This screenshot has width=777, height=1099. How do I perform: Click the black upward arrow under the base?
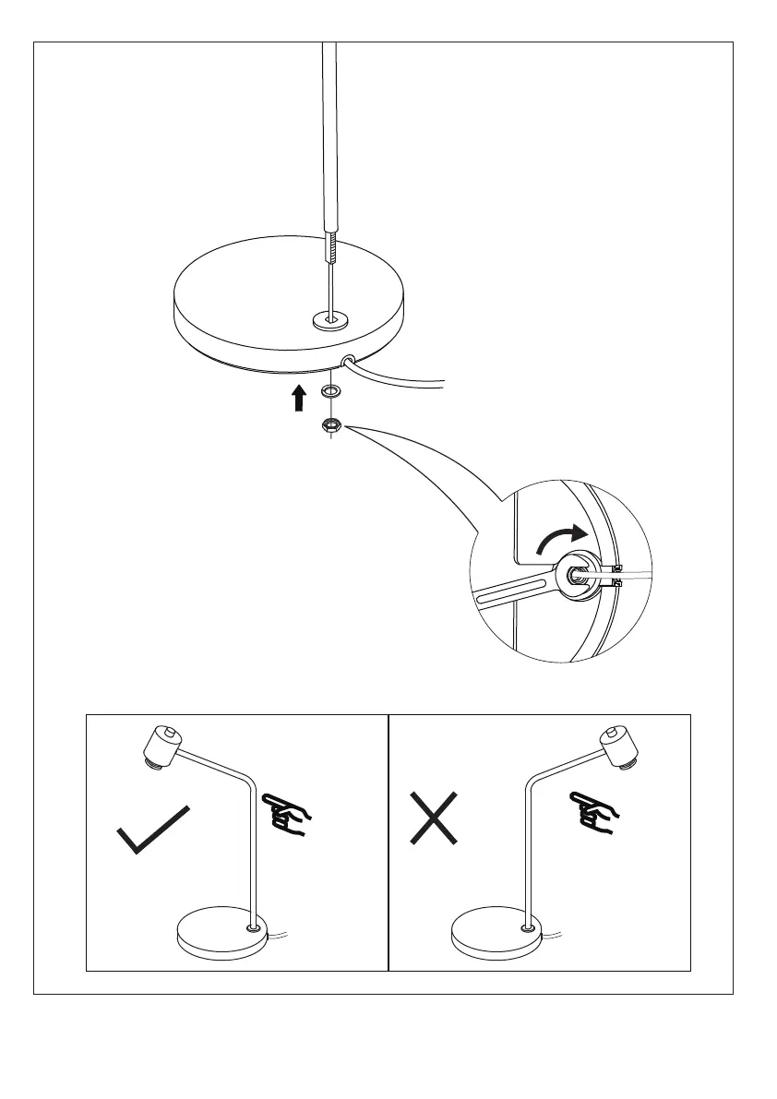tap(298, 399)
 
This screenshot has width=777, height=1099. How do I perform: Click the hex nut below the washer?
tap(330, 425)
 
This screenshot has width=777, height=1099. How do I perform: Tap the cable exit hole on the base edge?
tap(350, 362)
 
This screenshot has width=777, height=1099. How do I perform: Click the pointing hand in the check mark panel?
tap(289, 814)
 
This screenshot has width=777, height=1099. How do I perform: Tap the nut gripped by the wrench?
tap(578, 574)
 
